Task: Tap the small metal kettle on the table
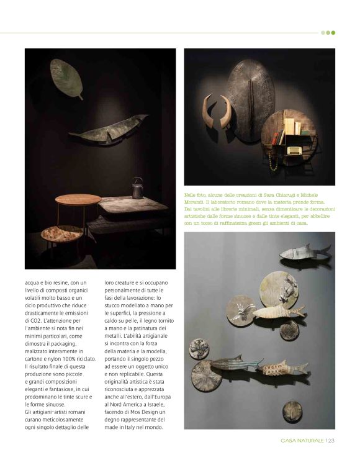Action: pyautogui.click(x=137, y=187)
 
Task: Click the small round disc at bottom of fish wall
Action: pyautogui.click(x=292, y=410)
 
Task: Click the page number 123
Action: pyautogui.click(x=330, y=441)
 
